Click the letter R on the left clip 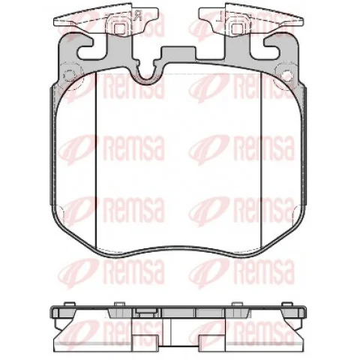tap(138, 16)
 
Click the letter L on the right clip tap(220, 16)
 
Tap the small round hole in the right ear tap(286, 74)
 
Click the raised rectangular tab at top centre tap(178, 53)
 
